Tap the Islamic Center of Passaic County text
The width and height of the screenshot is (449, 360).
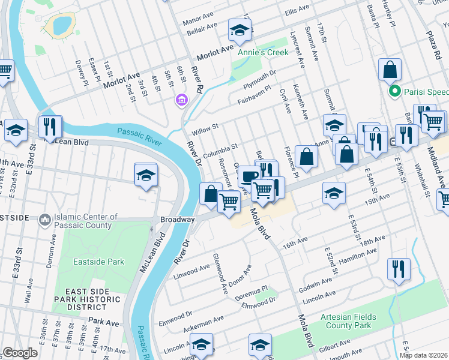coord(83,221)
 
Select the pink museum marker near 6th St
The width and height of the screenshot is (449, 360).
coord(181,99)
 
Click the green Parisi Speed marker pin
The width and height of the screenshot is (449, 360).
coord(394,92)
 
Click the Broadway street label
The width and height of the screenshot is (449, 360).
coord(177,220)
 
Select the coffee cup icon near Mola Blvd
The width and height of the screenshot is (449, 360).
coord(249,177)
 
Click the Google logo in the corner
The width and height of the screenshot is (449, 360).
coord(20,353)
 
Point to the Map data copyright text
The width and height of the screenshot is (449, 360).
coord(424,355)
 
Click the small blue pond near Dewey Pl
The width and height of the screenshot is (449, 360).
coord(62,25)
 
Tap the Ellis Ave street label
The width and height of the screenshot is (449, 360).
coord(297,11)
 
